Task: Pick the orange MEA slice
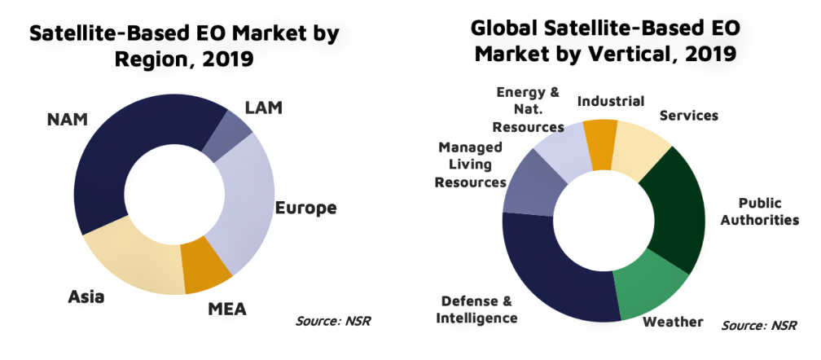(x=207, y=272)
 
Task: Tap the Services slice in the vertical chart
(x=639, y=151)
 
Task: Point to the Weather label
(x=673, y=322)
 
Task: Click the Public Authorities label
(x=762, y=211)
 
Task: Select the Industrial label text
(x=611, y=102)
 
